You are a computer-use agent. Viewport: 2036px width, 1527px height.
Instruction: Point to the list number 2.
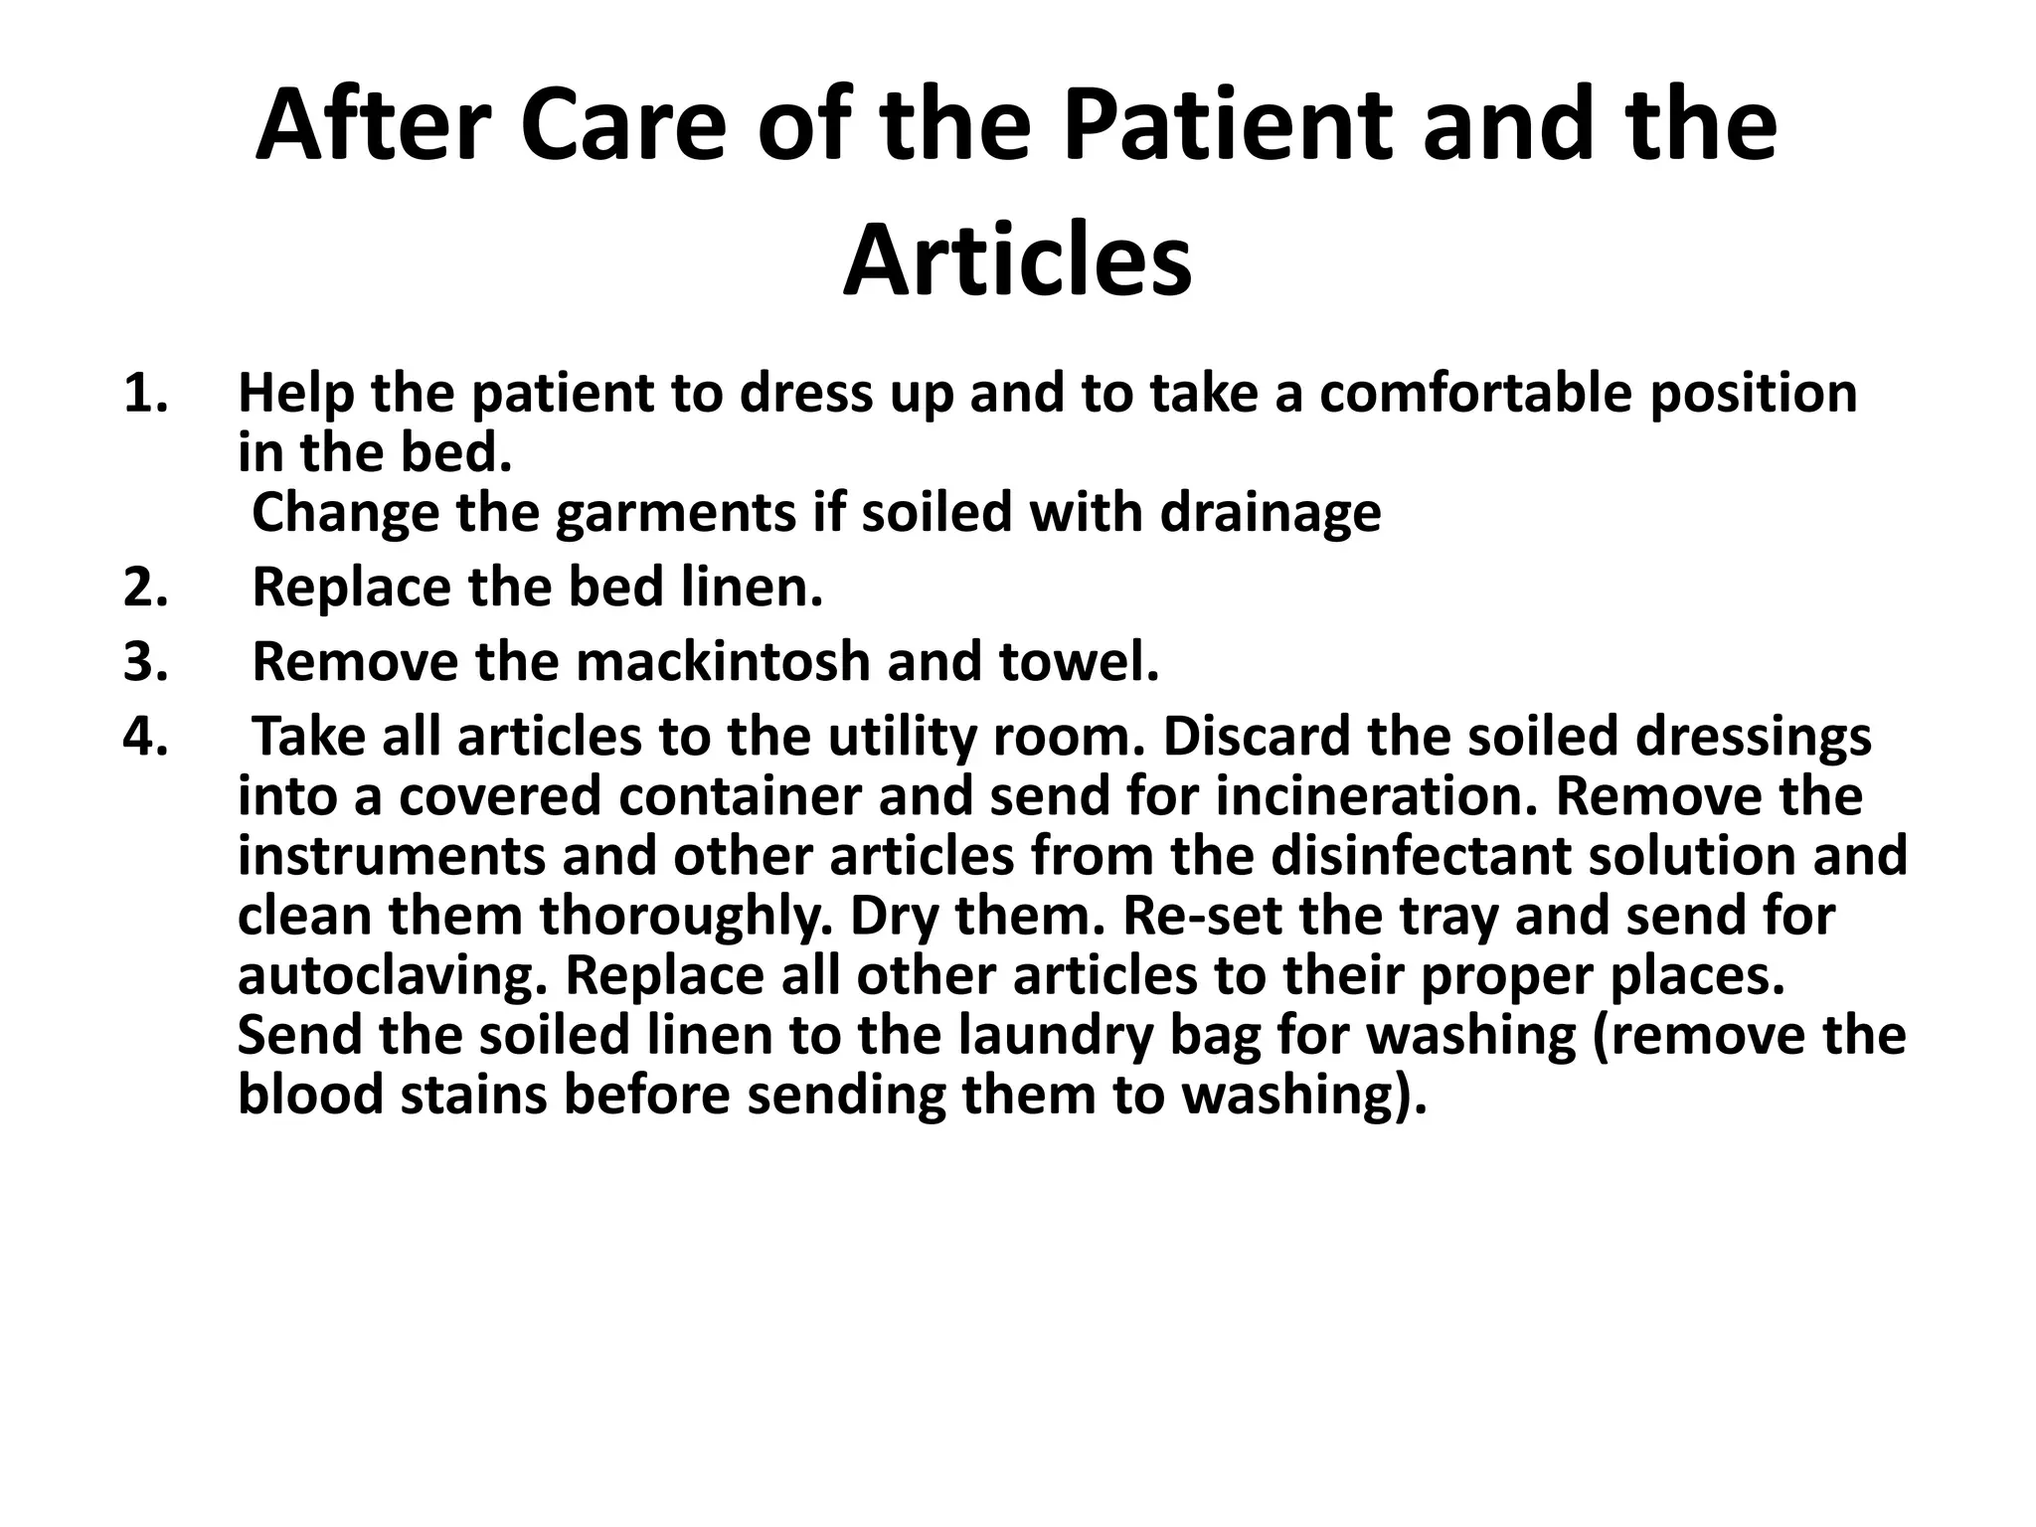click(x=145, y=588)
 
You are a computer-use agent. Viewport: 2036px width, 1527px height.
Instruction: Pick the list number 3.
click(x=145, y=662)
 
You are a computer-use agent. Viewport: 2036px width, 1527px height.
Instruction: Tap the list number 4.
click(x=145, y=737)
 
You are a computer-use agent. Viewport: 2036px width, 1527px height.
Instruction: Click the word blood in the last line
click(x=310, y=1096)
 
